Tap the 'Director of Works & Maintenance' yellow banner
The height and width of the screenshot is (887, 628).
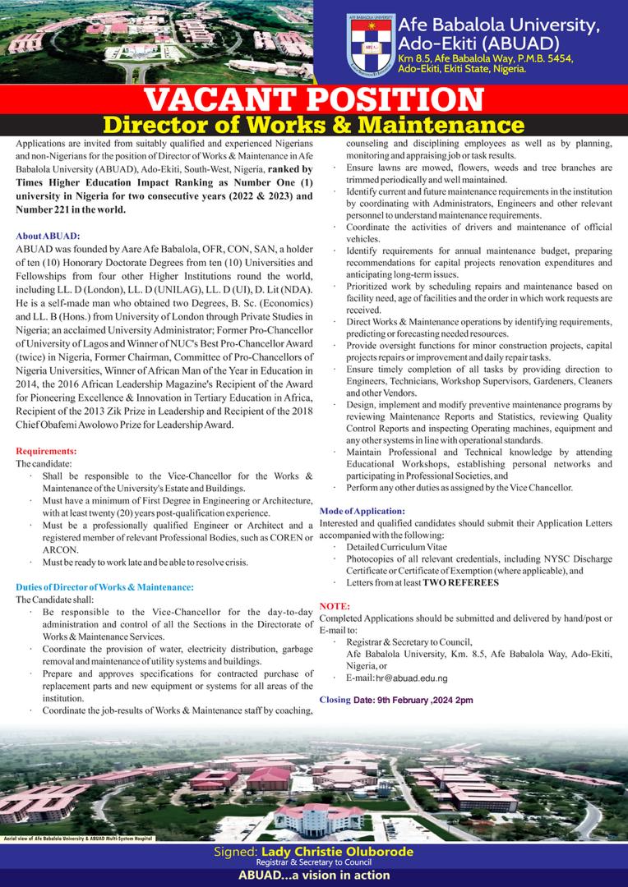[x=313, y=126]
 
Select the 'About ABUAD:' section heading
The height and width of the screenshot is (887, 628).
[x=46, y=233]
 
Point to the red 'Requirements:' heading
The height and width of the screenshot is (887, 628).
[x=47, y=452]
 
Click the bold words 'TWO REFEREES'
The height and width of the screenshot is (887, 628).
[x=461, y=582]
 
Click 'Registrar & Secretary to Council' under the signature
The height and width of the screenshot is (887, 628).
[x=312, y=862]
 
